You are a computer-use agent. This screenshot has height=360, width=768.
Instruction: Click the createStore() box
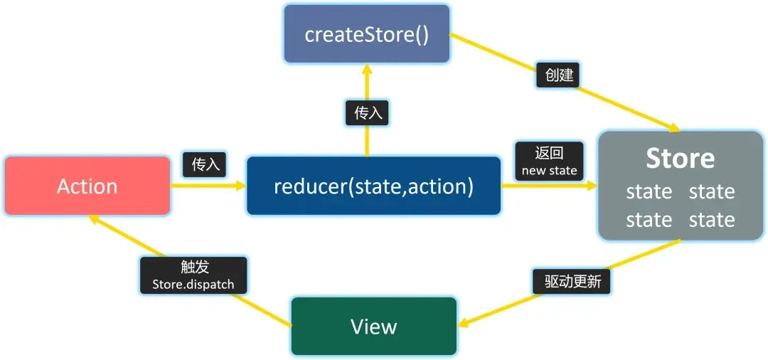[367, 34]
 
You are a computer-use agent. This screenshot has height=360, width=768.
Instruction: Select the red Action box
[87, 186]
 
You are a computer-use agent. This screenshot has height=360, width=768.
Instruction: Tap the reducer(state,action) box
[374, 186]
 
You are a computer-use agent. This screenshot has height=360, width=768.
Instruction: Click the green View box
[374, 326]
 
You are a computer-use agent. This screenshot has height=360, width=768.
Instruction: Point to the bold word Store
[680, 158]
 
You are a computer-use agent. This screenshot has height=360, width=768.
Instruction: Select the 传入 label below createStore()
[367, 113]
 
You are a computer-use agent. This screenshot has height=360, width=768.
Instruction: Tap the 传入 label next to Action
[204, 165]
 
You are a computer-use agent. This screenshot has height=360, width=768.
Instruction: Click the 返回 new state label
[549, 161]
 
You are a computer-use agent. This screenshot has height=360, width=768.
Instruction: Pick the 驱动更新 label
[572, 282]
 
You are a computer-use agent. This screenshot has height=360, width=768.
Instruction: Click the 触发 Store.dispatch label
[193, 275]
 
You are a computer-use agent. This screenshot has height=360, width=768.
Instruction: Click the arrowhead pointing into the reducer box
[240, 186]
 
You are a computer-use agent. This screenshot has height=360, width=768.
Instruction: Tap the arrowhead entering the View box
[464, 322]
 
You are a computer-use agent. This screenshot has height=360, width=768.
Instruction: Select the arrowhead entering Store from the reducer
[592, 186]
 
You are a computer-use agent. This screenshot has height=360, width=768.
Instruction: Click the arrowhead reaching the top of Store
[674, 128]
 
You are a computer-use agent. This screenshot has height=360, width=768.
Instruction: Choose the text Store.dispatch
[193, 284]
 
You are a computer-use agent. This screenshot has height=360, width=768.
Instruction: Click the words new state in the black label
[549, 171]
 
